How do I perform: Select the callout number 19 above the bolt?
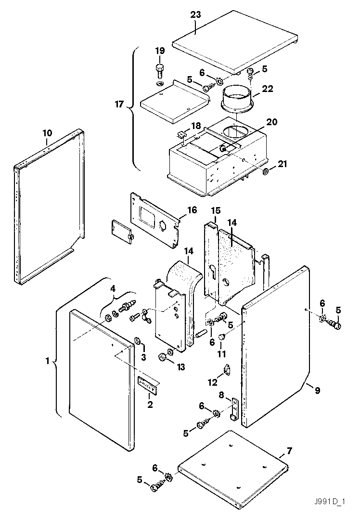pos(159,51)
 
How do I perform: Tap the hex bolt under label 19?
pos(160,71)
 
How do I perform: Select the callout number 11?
pos(221,354)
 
